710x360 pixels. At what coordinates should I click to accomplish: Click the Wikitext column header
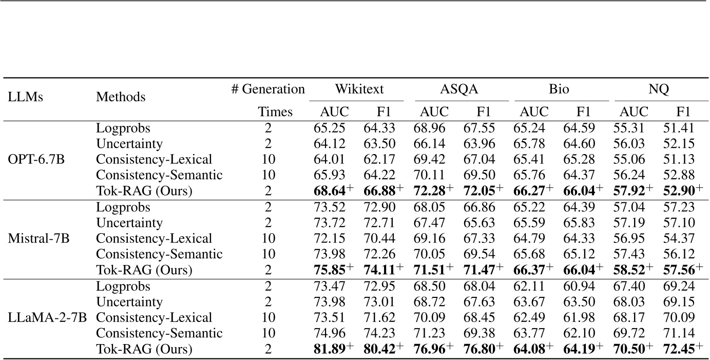click(x=359, y=89)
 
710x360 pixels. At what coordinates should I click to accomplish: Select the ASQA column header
click(x=459, y=89)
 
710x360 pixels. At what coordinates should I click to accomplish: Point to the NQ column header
click(x=659, y=89)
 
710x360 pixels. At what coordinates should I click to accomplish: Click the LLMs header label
click(x=25, y=97)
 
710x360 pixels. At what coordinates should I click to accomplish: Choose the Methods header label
click(x=121, y=97)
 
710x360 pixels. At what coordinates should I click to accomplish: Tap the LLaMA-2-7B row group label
click(x=44, y=317)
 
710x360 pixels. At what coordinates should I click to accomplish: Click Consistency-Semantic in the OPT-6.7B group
click(x=159, y=175)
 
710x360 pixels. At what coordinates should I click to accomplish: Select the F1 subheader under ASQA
click(x=483, y=112)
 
